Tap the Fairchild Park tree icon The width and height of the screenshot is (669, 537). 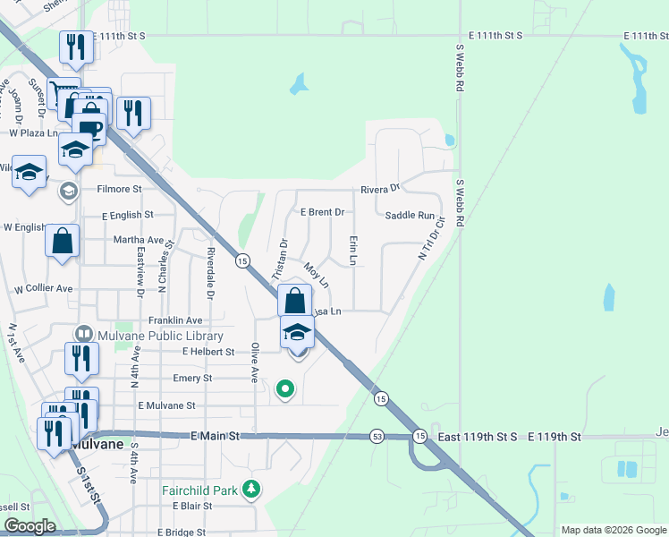coord(253,489)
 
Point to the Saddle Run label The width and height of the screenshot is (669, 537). coord(410,216)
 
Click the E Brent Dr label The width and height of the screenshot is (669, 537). coord(323,212)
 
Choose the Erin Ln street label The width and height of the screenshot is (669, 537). coord(353,251)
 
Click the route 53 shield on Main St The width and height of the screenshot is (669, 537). coord(378,436)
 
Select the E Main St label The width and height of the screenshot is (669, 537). coord(216,435)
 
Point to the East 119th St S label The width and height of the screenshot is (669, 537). coord(479,437)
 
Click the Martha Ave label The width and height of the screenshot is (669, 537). coord(139,240)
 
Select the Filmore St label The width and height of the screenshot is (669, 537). coord(120,190)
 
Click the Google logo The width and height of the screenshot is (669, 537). coord(30,525)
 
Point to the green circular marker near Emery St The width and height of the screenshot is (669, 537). coord(285,388)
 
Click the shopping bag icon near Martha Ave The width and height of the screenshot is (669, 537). coord(62,241)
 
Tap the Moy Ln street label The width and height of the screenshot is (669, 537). coord(317,274)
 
